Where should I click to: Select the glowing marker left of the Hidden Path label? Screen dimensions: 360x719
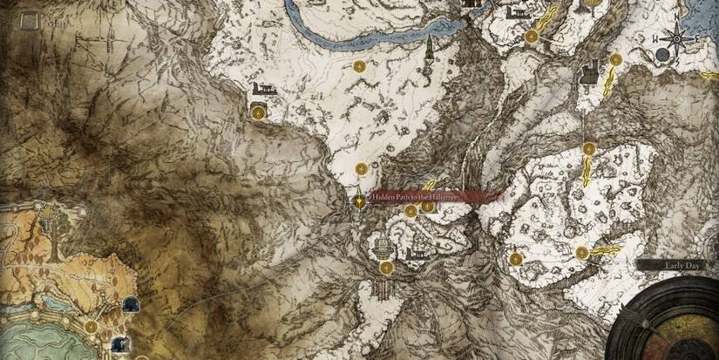coord(358,200)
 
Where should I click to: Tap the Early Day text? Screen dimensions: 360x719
coord(677,265)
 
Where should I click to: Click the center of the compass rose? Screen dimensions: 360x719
coord(676,38)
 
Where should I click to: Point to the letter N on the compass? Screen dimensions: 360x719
coord(676,18)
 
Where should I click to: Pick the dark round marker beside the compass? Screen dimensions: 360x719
coord(662,55)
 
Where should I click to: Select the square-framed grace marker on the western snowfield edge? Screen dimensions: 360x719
coord(258,111)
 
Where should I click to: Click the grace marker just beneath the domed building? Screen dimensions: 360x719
coord(384,266)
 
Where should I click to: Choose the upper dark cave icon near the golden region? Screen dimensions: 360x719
coord(130,304)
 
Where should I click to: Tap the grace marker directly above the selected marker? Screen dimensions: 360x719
coord(361,168)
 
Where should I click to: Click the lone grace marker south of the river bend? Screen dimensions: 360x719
coord(359,66)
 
